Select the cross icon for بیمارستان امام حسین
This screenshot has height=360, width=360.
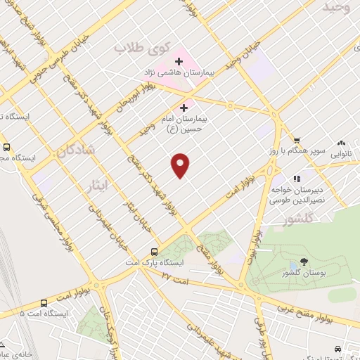(184, 108)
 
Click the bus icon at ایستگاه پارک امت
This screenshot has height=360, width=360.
(155, 252)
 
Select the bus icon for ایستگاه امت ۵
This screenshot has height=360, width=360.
(6, 312)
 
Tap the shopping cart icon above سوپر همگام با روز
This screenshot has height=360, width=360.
(297, 140)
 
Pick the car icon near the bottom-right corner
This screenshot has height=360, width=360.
(339, 349)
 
